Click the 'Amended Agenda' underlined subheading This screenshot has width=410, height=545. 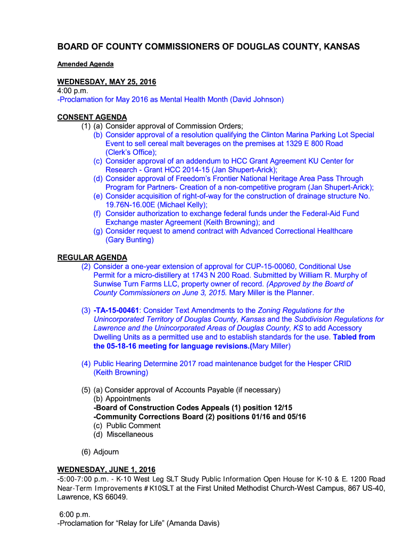pos(85,64)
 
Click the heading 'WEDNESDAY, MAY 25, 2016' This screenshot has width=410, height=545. pos(106,82)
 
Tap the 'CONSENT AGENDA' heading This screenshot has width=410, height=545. pos(92,117)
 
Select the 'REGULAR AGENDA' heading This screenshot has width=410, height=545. pos(92,258)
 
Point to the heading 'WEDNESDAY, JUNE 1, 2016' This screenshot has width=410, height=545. pos(106,469)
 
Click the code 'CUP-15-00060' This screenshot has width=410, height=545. pos(270,266)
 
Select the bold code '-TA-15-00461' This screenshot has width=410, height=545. pos(116,310)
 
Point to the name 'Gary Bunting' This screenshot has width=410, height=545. pos(129,240)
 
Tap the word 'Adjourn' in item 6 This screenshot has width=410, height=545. pos(106,452)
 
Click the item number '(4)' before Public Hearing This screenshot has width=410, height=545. pos(86,364)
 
